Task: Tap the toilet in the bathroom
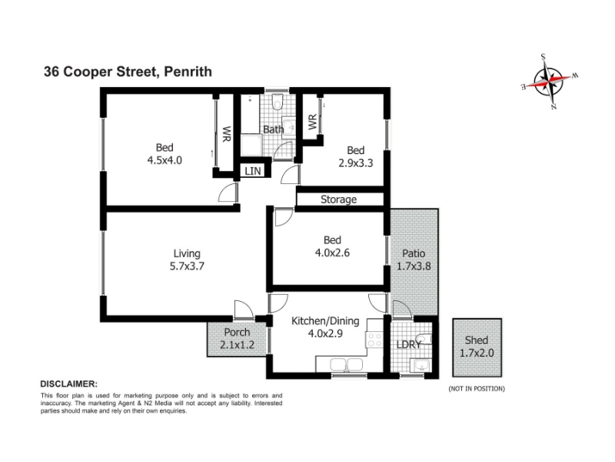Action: tap(278, 102)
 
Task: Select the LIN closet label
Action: tap(253, 171)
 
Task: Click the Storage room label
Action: tap(338, 199)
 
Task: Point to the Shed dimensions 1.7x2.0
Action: tap(477, 353)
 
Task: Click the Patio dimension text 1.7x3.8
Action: tap(414, 266)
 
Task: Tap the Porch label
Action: tap(237, 333)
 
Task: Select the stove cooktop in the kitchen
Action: tap(374, 340)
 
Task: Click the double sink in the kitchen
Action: tap(347, 365)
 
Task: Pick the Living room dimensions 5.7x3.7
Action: tap(187, 266)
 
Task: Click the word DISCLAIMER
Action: tap(69, 383)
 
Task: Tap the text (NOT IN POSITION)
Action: tap(477, 389)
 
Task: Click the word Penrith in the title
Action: tap(188, 72)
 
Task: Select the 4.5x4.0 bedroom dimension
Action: tap(165, 160)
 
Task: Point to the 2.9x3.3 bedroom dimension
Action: tap(355, 163)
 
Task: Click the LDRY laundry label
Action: tap(409, 344)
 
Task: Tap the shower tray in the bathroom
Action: tap(251, 146)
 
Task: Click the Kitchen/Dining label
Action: tap(325, 321)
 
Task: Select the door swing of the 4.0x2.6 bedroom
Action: tap(284, 217)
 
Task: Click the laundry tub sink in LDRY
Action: tap(420, 366)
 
